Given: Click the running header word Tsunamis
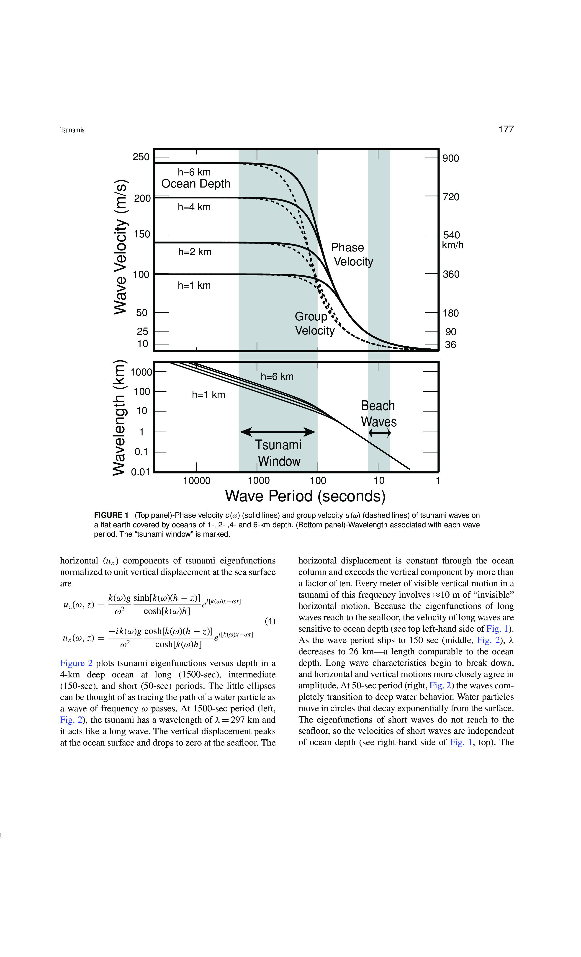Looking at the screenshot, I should [72, 130].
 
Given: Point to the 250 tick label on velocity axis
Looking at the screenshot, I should [141, 157].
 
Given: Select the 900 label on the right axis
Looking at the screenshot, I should [450, 158].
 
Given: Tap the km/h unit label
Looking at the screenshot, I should [452, 245].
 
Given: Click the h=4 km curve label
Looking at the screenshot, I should [194, 207].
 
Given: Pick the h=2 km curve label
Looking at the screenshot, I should [195, 252].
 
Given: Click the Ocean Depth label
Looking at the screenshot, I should [196, 184].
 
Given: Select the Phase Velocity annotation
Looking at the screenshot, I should [352, 254].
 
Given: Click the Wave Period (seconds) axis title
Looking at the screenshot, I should [305, 496].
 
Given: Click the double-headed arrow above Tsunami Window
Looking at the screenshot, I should [278, 432].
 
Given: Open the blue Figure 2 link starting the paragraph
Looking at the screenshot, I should [76, 663].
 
